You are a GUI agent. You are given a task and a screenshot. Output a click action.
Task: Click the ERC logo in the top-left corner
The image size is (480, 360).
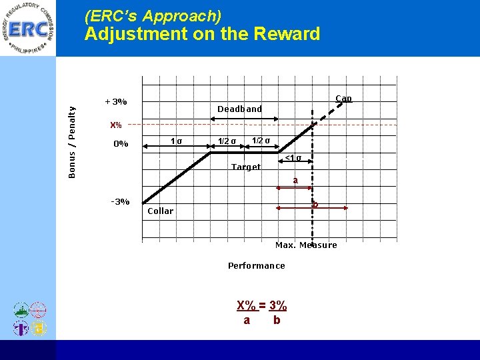pyautogui.click(x=28, y=29)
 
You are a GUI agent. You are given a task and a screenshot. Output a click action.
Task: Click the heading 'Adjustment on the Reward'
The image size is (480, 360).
pyautogui.click(x=202, y=34)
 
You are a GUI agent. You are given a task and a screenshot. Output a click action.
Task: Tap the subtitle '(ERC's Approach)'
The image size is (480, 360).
pyautogui.click(x=153, y=15)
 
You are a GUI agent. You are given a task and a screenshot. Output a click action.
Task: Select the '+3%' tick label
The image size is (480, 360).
pyautogui.click(x=116, y=102)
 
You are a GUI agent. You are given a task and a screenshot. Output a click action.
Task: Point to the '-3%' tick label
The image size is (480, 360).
pyautogui.click(x=119, y=201)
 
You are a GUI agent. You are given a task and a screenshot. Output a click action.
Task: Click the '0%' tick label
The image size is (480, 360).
pyautogui.click(x=120, y=143)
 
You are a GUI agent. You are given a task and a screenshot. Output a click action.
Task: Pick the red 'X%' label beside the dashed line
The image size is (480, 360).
pyautogui.click(x=116, y=125)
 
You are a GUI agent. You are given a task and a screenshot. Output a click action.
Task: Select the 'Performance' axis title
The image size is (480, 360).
pyautogui.click(x=256, y=265)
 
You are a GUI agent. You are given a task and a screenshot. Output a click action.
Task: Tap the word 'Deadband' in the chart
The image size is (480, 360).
pyautogui.click(x=239, y=109)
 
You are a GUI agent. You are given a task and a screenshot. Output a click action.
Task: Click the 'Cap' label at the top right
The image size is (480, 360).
pyautogui.click(x=343, y=99)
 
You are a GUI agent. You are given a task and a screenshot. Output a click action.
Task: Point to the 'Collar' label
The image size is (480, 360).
pyautogui.click(x=160, y=211)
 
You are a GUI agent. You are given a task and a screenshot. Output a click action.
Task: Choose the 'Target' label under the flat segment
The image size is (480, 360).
pyautogui.click(x=246, y=167)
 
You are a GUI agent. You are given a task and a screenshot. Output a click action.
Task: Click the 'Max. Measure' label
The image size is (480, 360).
pyautogui.click(x=306, y=245)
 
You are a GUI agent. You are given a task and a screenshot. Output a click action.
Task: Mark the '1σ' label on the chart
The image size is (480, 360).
pyautogui.click(x=177, y=141)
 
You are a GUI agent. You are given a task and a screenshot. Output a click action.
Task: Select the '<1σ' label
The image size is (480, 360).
pyautogui.click(x=293, y=158)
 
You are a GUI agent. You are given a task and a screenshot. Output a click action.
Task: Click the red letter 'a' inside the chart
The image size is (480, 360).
pyautogui.click(x=295, y=180)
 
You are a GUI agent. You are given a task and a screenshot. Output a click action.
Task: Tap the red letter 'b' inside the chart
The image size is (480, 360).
pyautogui.click(x=315, y=204)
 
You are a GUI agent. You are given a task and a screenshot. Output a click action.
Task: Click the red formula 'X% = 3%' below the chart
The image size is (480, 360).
pyautogui.click(x=262, y=305)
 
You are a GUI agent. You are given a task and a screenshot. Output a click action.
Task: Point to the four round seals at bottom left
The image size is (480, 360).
pyautogui.click(x=29, y=319)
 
